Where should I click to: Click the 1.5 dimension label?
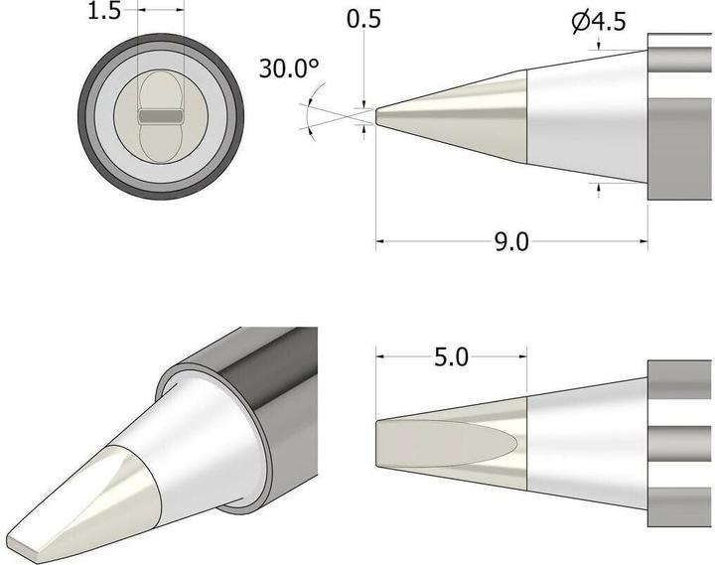[103, 13]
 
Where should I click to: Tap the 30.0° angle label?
[289, 70]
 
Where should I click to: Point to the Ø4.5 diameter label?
[599, 21]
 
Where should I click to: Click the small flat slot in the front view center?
[159, 116]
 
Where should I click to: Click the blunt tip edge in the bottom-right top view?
[377, 443]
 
